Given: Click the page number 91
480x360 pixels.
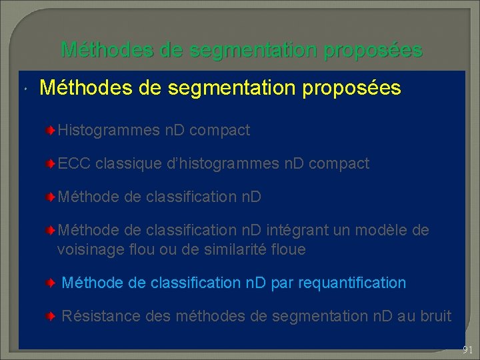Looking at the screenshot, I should click(x=467, y=350).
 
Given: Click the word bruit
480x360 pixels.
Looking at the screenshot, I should click(x=435, y=316).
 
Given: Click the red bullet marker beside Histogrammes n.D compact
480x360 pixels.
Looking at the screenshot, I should click(x=51, y=131).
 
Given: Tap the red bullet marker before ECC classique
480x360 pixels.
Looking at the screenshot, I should click(x=51, y=164).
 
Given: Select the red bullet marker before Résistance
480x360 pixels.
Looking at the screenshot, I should click(x=51, y=316).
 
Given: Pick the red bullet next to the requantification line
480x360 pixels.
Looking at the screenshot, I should click(x=51, y=283).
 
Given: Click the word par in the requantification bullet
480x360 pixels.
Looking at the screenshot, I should click(x=282, y=283).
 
